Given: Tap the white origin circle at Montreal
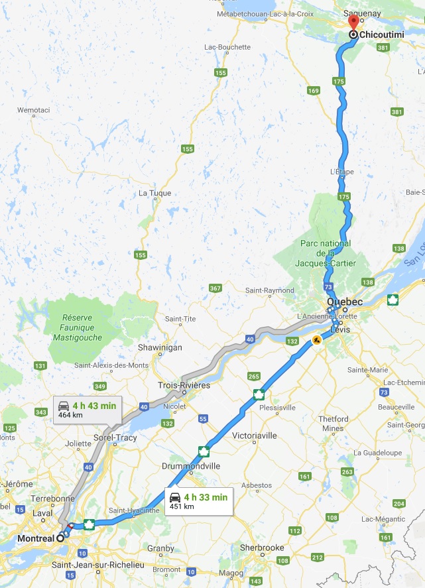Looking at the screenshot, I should pyautogui.click(x=60, y=538).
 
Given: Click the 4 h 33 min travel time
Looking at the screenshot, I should pyautogui.click(x=206, y=497).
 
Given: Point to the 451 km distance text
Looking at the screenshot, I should pyautogui.click(x=182, y=507).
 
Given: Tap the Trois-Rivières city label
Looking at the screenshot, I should pyautogui.click(x=184, y=385).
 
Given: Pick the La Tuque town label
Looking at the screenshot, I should pyautogui.click(x=154, y=194).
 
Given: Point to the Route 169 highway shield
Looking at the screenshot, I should pyautogui.click(x=314, y=91).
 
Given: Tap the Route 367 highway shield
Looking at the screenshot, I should pyautogui.click(x=215, y=288).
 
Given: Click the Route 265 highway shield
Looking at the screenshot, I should pyautogui.click(x=253, y=377).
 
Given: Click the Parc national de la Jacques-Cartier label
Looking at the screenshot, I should pyautogui.click(x=325, y=254).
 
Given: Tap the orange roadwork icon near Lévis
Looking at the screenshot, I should pyautogui.click(x=317, y=341).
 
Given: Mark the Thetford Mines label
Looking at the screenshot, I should pyautogui.click(x=334, y=424).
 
